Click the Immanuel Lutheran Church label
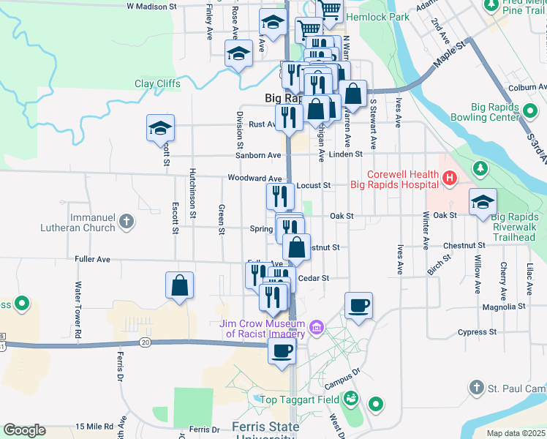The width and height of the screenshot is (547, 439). click(x=94, y=222)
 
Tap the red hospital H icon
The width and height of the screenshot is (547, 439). click(x=449, y=177)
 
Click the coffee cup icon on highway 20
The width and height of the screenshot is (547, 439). click(x=282, y=350)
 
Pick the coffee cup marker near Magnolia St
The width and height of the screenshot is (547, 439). click(x=358, y=304)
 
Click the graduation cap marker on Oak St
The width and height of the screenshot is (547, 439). click(x=483, y=202)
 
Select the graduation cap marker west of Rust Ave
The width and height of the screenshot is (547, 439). click(x=161, y=128)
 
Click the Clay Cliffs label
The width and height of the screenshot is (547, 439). click(x=157, y=83)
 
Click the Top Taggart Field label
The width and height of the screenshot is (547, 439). click(x=302, y=399)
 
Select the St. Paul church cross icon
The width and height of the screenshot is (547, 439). click(x=476, y=386)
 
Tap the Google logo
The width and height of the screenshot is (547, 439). click(x=24, y=430)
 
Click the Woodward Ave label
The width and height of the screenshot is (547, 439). click(x=254, y=179)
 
